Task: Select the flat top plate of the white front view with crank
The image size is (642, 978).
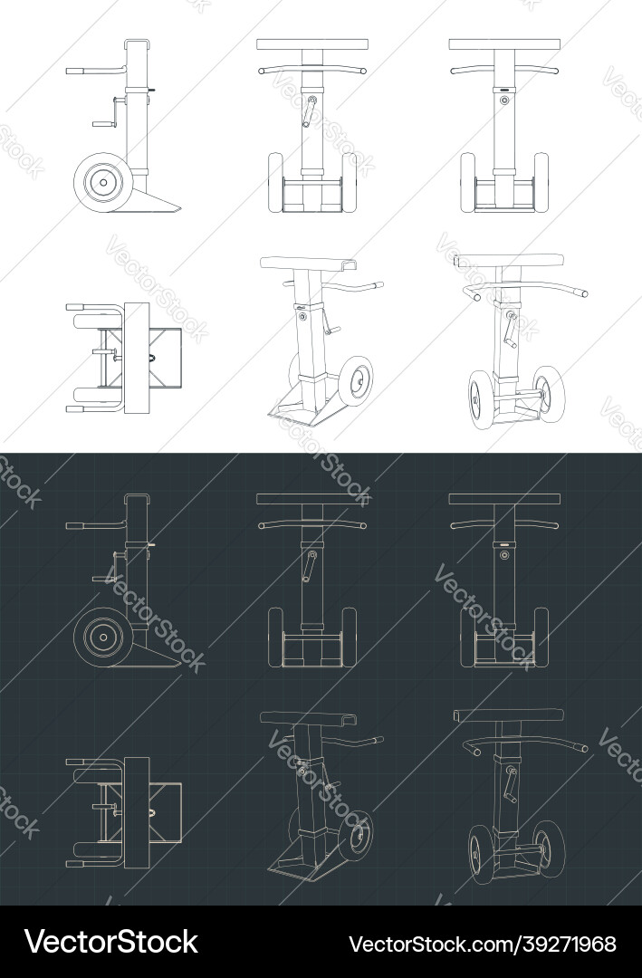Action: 312,43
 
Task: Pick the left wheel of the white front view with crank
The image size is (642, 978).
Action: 275,183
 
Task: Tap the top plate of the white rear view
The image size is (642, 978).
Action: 504,43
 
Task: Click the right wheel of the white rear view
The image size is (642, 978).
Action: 541,183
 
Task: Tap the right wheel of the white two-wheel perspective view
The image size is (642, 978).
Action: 549,389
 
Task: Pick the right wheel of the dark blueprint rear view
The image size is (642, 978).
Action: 541,638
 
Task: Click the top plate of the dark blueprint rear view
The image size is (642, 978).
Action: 504,499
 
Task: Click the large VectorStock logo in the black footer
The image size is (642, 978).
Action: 111,942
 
